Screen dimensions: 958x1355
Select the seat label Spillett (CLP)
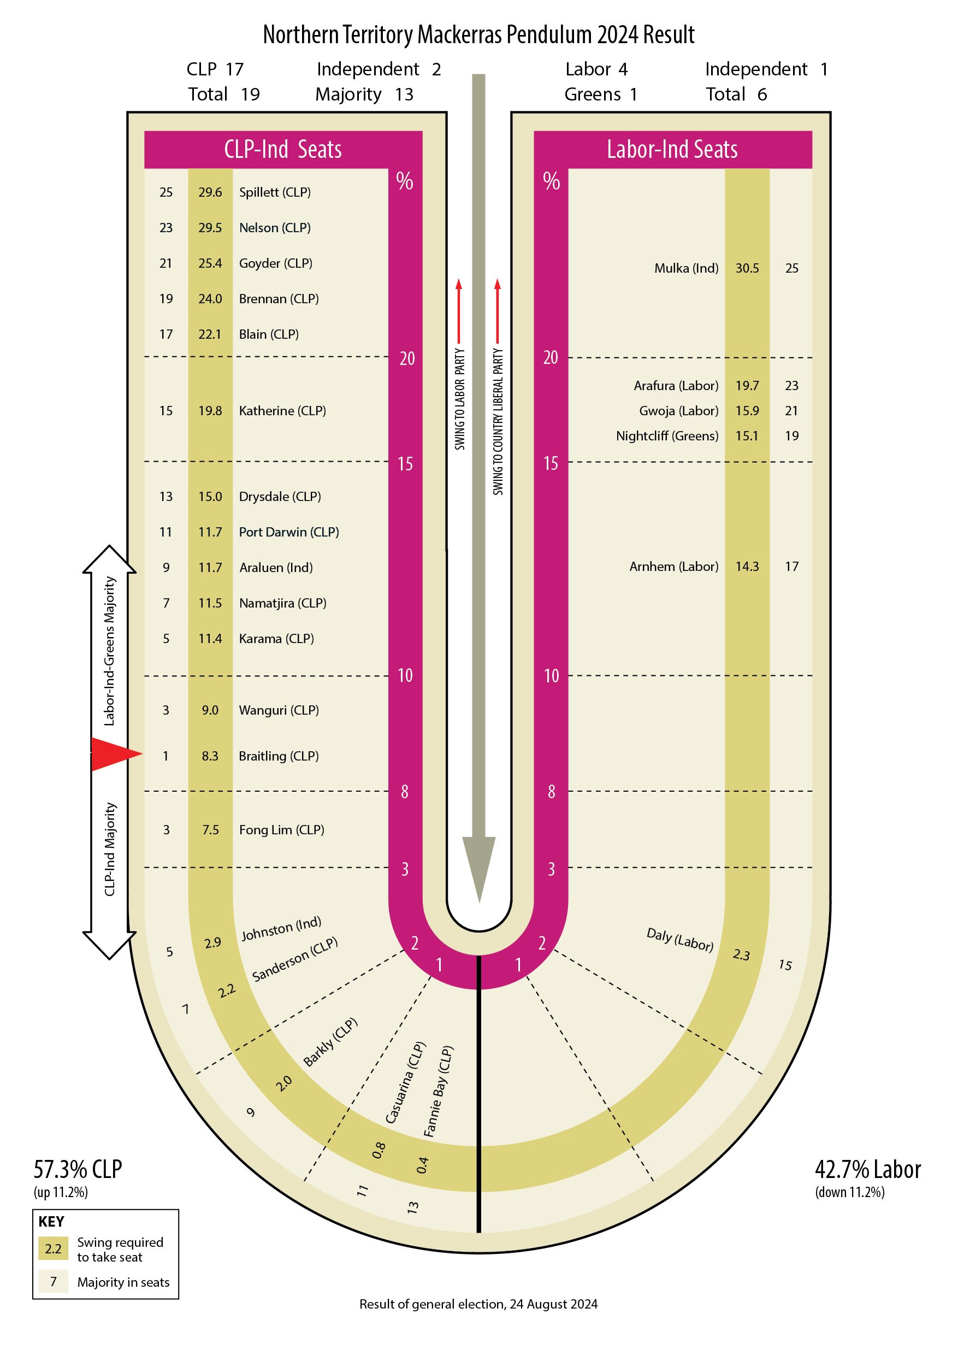pos(275,192)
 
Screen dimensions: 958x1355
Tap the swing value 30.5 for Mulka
pos(747,268)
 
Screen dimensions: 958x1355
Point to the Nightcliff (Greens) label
pos(667,435)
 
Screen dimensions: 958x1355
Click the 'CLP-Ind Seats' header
pos(283,149)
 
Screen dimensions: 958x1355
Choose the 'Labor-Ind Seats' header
pos(672,149)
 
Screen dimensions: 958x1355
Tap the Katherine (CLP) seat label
pos(282,411)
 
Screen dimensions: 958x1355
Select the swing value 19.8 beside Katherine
pos(210,411)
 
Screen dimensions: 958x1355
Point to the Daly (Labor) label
pos(680,939)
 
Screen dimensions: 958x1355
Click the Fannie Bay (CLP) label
pos(438,1092)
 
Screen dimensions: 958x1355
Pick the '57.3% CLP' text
pos(78,1169)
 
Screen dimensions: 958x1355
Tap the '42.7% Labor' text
pos(868,1169)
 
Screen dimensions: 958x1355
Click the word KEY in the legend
pos(51,1222)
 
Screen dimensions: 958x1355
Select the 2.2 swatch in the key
pos(54,1248)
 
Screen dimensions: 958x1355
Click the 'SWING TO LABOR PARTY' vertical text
pos(459,399)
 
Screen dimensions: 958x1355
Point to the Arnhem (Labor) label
pos(674,567)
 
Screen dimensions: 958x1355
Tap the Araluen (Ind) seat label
pos(276,568)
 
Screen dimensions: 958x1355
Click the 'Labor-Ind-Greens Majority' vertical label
pos(110,651)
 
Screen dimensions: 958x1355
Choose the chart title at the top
pos(479,35)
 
